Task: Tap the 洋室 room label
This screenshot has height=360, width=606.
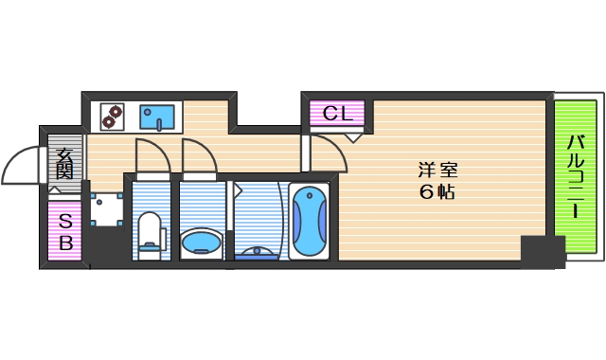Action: tap(438, 171)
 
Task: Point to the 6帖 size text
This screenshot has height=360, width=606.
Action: tap(438, 192)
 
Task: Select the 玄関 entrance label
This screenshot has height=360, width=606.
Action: tap(64, 164)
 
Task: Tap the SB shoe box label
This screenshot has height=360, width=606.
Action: tap(65, 232)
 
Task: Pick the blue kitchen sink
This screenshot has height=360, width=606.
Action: tap(158, 117)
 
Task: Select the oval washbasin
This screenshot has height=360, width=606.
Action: tap(200, 243)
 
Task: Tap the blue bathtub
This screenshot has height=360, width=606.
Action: tap(309, 223)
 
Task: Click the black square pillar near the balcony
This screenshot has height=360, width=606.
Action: tap(542, 251)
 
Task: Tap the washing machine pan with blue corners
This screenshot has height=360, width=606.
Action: tap(108, 207)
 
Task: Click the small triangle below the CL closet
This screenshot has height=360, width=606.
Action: tap(351, 136)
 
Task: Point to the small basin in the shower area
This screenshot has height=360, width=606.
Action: tap(257, 252)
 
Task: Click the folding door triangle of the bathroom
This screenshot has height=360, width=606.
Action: tap(237, 189)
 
